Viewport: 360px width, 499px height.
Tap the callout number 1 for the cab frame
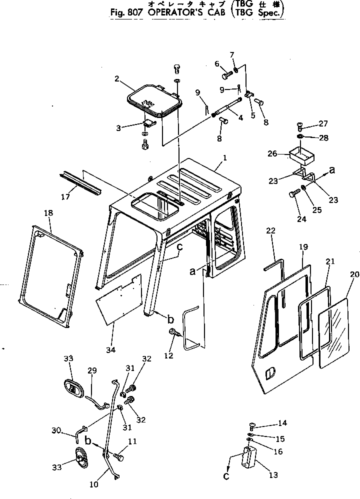pyautogui.click(x=225, y=157)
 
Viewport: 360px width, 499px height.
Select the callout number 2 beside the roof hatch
pyautogui.click(x=116, y=78)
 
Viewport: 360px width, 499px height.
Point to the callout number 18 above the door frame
pyautogui.click(x=48, y=213)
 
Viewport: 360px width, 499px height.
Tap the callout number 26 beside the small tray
pyautogui.click(x=272, y=154)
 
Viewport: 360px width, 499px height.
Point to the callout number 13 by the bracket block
pyautogui.click(x=273, y=474)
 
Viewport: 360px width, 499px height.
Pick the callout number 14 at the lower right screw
pyautogui.click(x=282, y=423)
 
